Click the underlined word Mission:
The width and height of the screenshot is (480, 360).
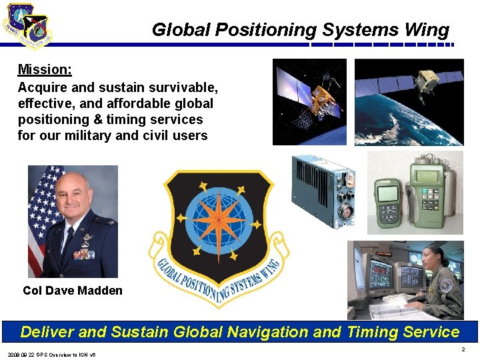click(x=45, y=69)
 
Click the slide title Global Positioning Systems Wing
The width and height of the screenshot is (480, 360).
click(x=300, y=30)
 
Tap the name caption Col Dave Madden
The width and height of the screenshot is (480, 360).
click(x=73, y=291)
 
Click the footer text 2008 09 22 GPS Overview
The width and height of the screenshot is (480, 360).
click(x=52, y=354)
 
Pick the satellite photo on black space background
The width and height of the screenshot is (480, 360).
click(x=309, y=101)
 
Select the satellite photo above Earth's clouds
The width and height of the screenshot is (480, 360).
click(x=408, y=101)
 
